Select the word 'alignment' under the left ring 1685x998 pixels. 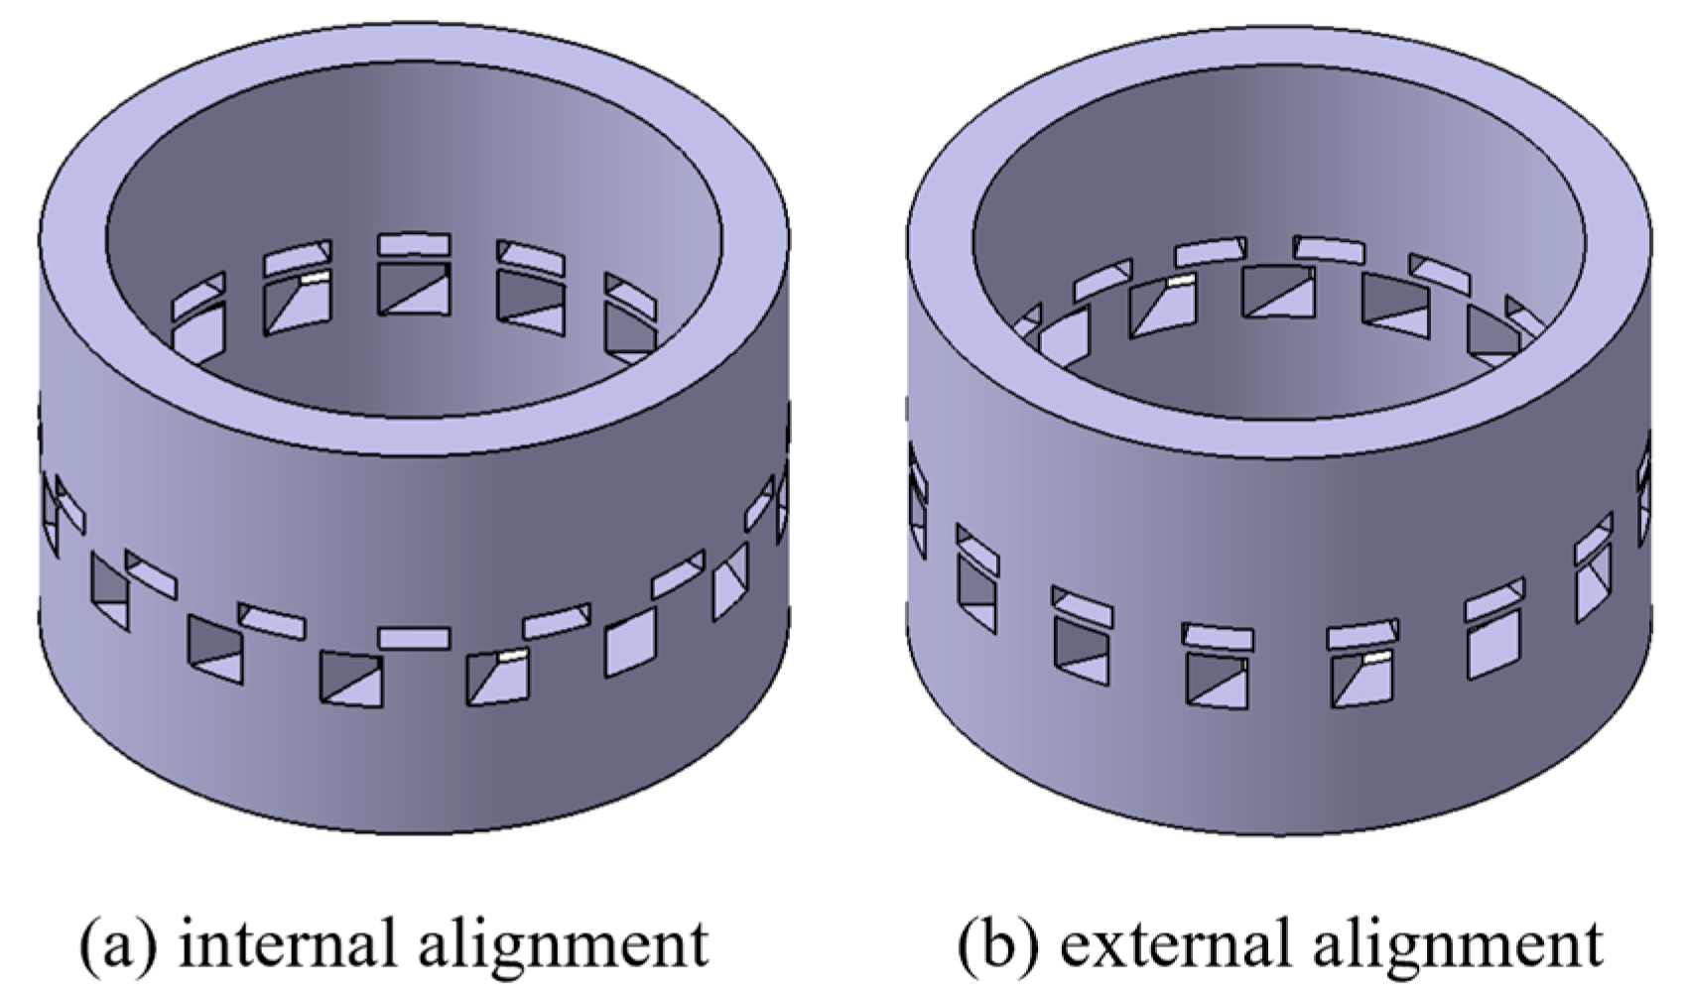pos(564,944)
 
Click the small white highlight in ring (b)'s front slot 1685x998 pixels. pos(1377,657)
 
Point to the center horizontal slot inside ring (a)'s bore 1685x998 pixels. pos(414,244)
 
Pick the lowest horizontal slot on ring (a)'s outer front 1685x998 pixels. pos(414,637)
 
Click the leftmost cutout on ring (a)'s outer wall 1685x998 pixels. pos(50,505)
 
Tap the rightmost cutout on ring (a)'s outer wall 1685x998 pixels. pos(783,505)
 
